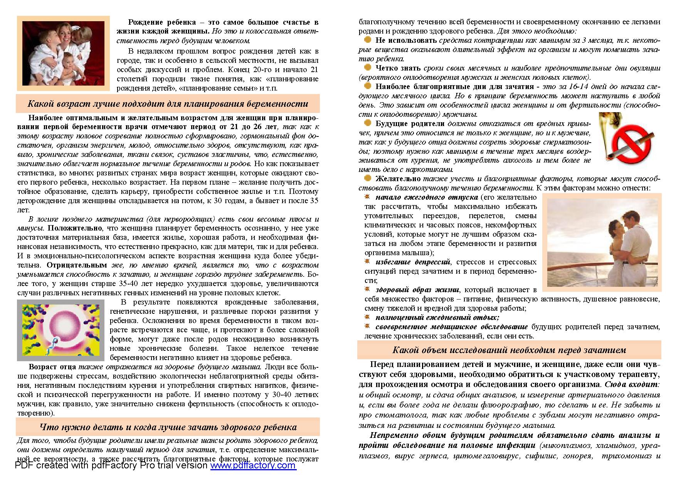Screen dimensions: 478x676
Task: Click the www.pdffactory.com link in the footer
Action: [253, 466]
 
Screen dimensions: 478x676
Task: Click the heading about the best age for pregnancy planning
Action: [168, 104]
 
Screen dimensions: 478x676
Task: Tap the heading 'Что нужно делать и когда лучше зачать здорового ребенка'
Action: [168, 427]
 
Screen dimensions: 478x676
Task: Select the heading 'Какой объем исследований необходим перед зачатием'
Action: [509, 350]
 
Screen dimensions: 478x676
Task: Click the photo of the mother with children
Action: [63, 53]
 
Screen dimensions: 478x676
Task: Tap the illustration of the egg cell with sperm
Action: [61, 330]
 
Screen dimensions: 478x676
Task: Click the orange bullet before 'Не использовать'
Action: [368, 40]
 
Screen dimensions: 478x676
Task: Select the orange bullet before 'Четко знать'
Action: [368, 67]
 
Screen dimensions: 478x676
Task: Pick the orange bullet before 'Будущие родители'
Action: [368, 123]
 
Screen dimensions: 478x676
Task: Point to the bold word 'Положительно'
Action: [70, 228]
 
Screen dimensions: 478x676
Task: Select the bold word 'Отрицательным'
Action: [77, 265]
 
